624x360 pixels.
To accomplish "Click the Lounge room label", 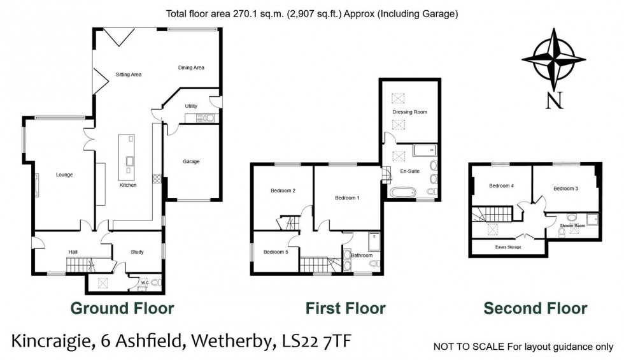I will [64, 175].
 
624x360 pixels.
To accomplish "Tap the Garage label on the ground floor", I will [192, 162].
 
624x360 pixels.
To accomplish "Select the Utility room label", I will [191, 106].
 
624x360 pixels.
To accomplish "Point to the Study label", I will [137, 252].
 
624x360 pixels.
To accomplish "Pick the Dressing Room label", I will [409, 112].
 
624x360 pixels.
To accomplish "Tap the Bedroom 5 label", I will [276, 252].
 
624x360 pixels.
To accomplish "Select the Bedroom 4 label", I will [501, 186].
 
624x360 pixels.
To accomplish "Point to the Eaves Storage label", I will [508, 247].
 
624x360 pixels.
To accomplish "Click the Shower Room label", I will [572, 226].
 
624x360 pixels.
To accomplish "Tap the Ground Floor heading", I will [122, 309].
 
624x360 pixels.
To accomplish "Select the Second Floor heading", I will [535, 309].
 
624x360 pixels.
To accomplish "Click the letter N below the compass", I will [557, 101].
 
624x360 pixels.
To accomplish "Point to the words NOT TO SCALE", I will [468, 347].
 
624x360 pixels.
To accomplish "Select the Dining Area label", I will [191, 68].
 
